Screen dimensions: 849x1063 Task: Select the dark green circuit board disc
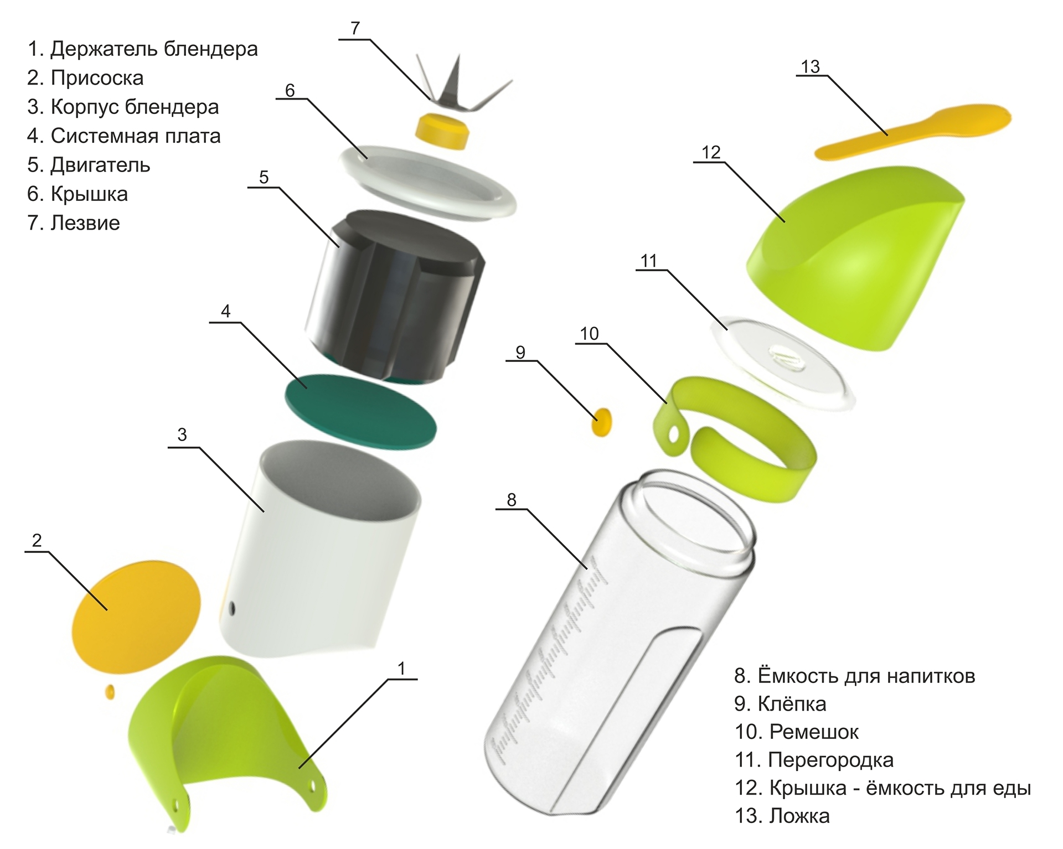point(360,410)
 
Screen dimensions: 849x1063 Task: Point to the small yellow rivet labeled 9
point(602,422)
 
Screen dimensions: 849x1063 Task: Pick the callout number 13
point(810,67)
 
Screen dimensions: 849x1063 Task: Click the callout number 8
point(511,500)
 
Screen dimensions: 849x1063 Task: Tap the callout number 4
point(225,312)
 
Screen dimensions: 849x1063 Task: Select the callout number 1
point(401,669)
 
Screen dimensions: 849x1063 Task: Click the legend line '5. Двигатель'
point(89,165)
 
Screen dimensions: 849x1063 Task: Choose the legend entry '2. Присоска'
point(85,78)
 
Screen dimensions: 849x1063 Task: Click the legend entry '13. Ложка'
point(782,816)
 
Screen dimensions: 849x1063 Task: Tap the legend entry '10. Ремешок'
point(796,732)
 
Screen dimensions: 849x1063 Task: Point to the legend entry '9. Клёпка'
point(780,704)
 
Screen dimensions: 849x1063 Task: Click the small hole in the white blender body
point(232,609)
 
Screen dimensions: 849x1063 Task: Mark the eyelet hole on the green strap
point(673,435)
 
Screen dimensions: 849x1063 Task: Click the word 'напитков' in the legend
point(930,676)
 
